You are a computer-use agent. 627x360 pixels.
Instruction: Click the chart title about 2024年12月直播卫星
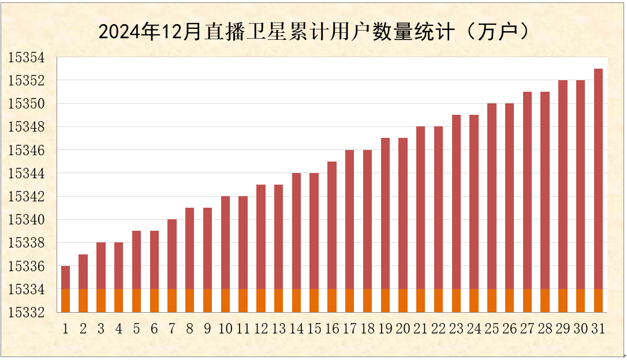pos(313,32)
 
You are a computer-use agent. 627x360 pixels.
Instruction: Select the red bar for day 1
pos(65,277)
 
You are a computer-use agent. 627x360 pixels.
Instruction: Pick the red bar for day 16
pos(332,225)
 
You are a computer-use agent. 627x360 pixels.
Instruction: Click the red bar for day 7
pos(172,254)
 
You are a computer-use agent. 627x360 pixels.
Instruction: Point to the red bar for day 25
pos(492,196)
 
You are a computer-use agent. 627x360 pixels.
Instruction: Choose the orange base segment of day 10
pos(225,300)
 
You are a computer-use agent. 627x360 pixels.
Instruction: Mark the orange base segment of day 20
pos(403,300)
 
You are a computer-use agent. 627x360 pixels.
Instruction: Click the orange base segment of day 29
pos(563,300)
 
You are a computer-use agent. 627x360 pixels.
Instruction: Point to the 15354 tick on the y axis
pos(25,58)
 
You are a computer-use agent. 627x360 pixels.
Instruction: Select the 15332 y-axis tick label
pos(25,313)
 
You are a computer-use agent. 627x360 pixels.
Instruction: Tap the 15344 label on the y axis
pos(25,174)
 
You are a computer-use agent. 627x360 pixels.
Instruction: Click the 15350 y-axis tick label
pos(25,104)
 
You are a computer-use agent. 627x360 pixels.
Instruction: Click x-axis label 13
pos(279,329)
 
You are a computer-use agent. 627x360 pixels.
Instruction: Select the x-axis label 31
pos(598,329)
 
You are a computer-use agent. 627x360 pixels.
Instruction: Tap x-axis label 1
pos(65,329)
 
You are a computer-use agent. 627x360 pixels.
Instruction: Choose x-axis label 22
pos(439,329)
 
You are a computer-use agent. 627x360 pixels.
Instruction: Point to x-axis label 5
pos(136,329)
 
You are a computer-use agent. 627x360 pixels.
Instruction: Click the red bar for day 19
pos(385,213)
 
